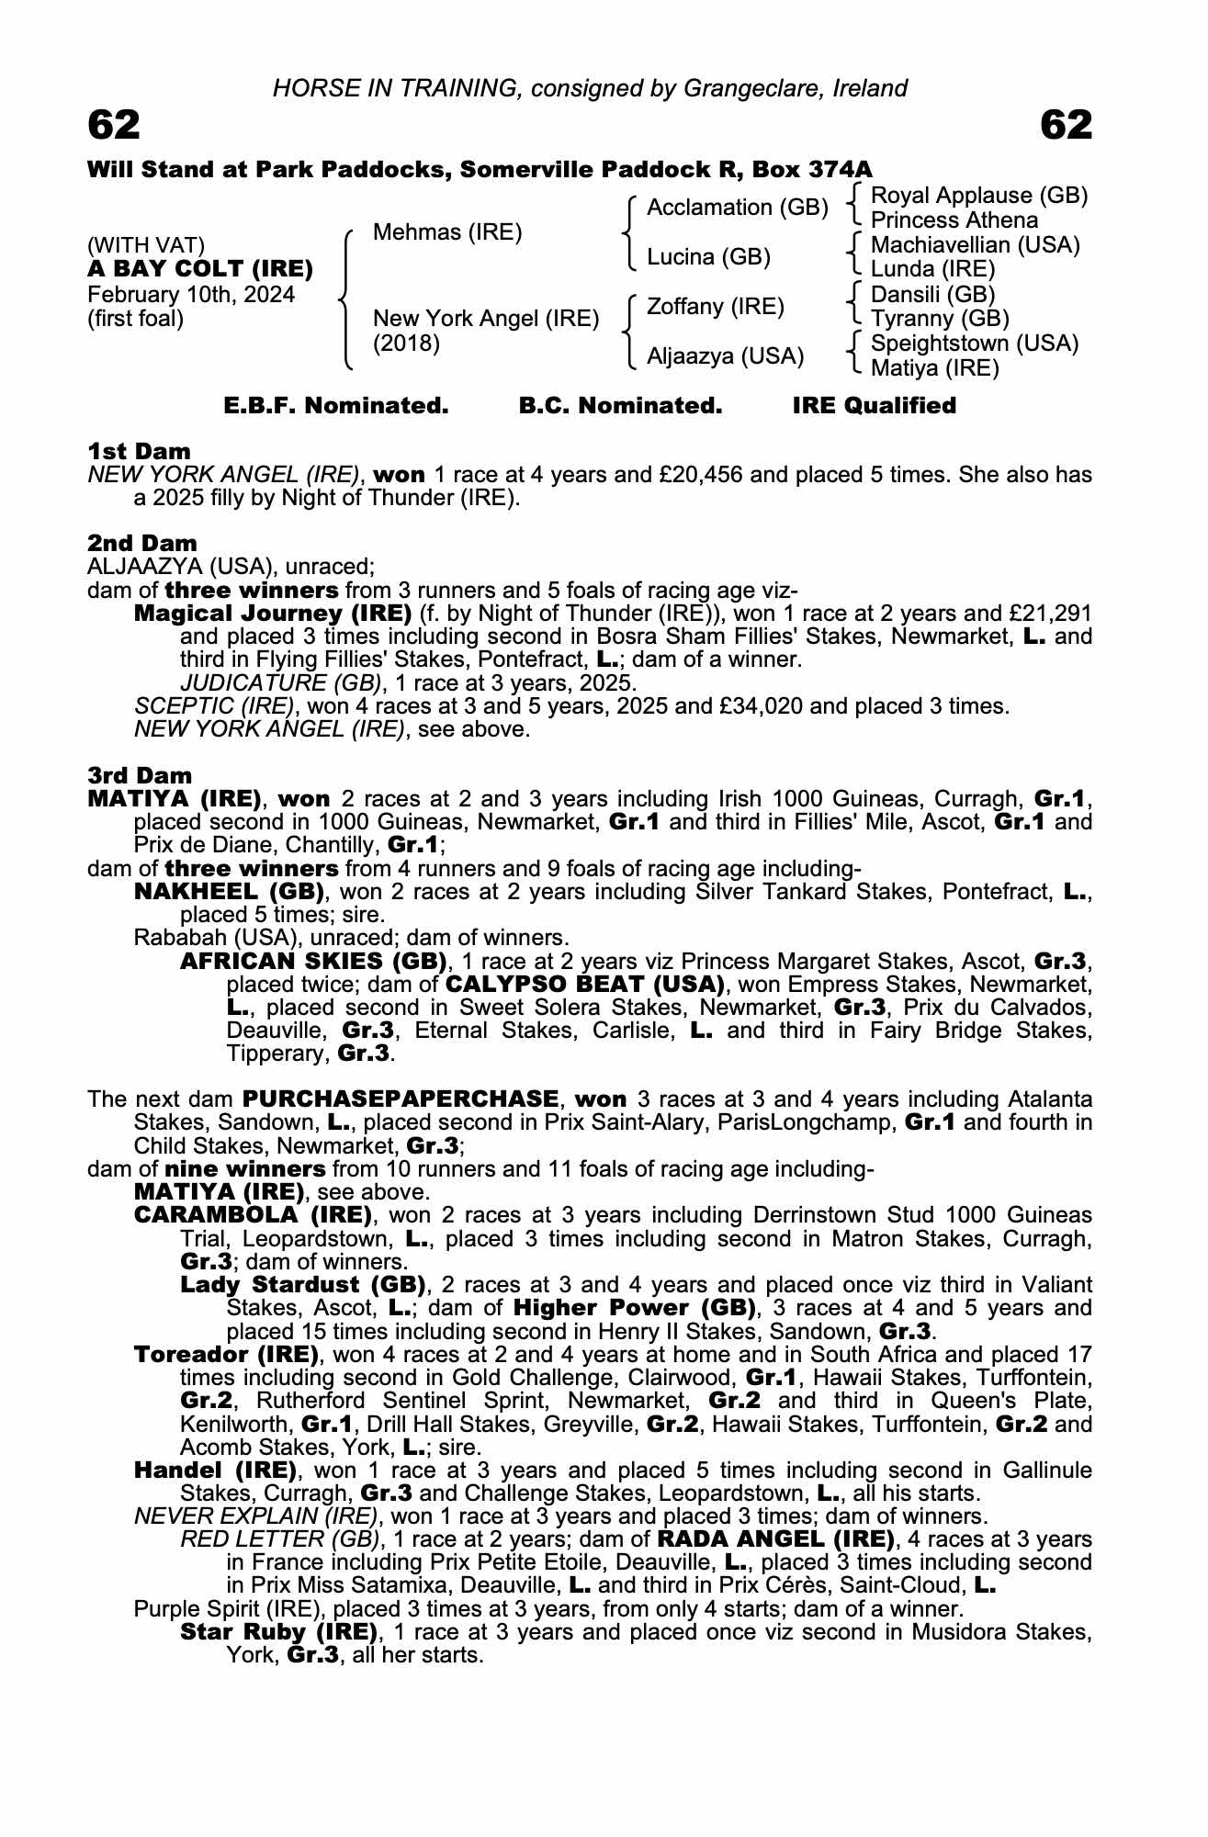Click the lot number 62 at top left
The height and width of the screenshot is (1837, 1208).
(114, 125)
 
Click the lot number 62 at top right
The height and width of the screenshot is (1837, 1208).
(1067, 125)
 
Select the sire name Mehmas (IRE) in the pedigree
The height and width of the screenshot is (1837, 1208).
(447, 232)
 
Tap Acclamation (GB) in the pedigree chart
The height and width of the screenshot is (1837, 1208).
(738, 208)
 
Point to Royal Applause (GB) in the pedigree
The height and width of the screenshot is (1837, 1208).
(978, 196)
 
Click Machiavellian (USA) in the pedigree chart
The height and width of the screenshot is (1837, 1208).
(975, 245)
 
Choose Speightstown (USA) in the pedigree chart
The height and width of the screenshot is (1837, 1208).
(974, 344)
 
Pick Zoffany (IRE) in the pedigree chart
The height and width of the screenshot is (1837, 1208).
(716, 306)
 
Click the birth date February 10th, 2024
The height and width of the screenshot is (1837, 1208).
(191, 295)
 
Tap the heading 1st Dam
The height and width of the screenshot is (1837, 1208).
(140, 451)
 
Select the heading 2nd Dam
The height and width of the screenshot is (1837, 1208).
(142, 543)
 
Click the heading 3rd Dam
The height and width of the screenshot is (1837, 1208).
(141, 776)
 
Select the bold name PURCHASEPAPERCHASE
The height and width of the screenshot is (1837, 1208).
(401, 1099)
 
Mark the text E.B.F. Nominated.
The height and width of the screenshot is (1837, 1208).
(336, 406)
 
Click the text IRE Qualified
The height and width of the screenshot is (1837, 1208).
(875, 406)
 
